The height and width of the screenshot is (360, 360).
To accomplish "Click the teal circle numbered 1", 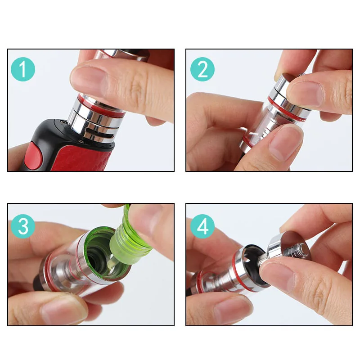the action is coord(23,69).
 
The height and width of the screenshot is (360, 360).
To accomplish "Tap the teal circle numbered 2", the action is coord(202,69).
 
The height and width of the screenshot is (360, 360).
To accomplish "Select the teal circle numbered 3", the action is coord(23,226).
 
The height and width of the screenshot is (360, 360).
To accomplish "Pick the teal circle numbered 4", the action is coord(202,226).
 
